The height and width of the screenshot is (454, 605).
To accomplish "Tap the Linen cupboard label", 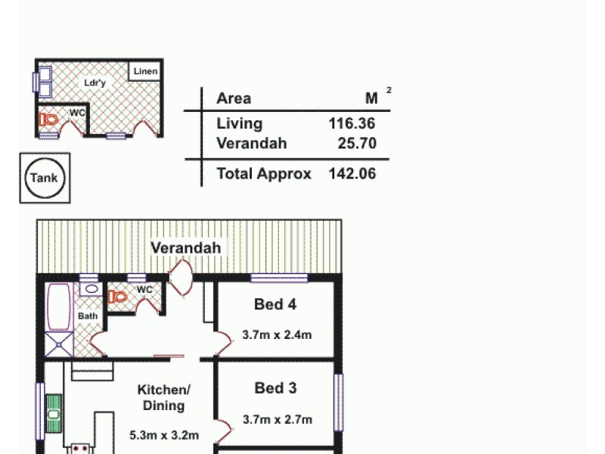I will (x=146, y=72).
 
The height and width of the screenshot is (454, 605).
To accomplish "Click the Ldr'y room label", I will (x=95, y=83).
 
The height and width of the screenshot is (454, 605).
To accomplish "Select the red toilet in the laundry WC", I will (x=51, y=120).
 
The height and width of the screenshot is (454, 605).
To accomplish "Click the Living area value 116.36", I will (x=352, y=123).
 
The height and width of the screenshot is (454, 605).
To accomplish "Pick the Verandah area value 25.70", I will (x=358, y=143).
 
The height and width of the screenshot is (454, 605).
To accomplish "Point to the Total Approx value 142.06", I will (x=352, y=173).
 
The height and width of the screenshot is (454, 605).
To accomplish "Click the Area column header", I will (x=234, y=98).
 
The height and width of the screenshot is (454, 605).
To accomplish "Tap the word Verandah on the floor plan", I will (x=185, y=247).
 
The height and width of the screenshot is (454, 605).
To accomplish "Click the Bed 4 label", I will (x=275, y=305).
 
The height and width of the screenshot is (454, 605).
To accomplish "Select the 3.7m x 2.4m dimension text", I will (x=277, y=334).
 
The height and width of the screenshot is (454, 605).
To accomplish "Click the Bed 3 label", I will (x=275, y=388).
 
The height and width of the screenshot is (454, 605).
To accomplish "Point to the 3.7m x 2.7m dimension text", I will (x=277, y=419).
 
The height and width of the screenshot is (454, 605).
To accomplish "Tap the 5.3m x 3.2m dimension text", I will (x=164, y=434).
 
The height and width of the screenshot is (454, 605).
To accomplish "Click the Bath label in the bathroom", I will (x=88, y=316).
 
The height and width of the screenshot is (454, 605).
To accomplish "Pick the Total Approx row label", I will (x=264, y=173).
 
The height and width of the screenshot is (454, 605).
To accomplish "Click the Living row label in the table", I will (x=239, y=123).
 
